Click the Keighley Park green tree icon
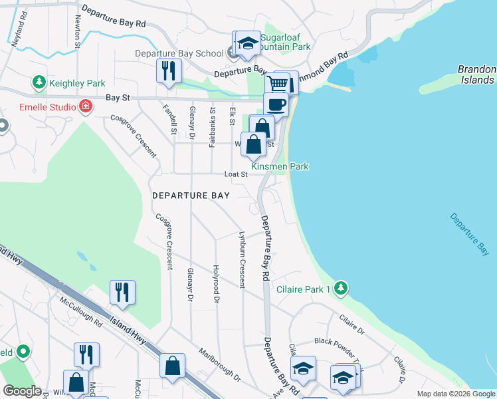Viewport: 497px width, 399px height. (39, 82)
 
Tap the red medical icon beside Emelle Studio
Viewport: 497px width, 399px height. (85, 106)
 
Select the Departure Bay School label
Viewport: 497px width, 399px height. (179, 54)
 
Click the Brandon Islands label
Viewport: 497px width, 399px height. (476, 74)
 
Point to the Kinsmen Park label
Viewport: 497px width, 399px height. (280, 166)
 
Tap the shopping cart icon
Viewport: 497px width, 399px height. (278, 84)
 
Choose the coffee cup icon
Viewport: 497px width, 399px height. (276, 104)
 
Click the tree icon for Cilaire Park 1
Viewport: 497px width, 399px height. (341, 288)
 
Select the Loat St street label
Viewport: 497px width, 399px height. (235, 174)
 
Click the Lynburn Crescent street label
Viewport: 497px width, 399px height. (242, 259)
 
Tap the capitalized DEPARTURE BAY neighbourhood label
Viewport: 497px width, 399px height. (191, 196)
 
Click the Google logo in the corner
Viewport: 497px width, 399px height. (22, 391)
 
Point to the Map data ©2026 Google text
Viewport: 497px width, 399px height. (455, 394)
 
